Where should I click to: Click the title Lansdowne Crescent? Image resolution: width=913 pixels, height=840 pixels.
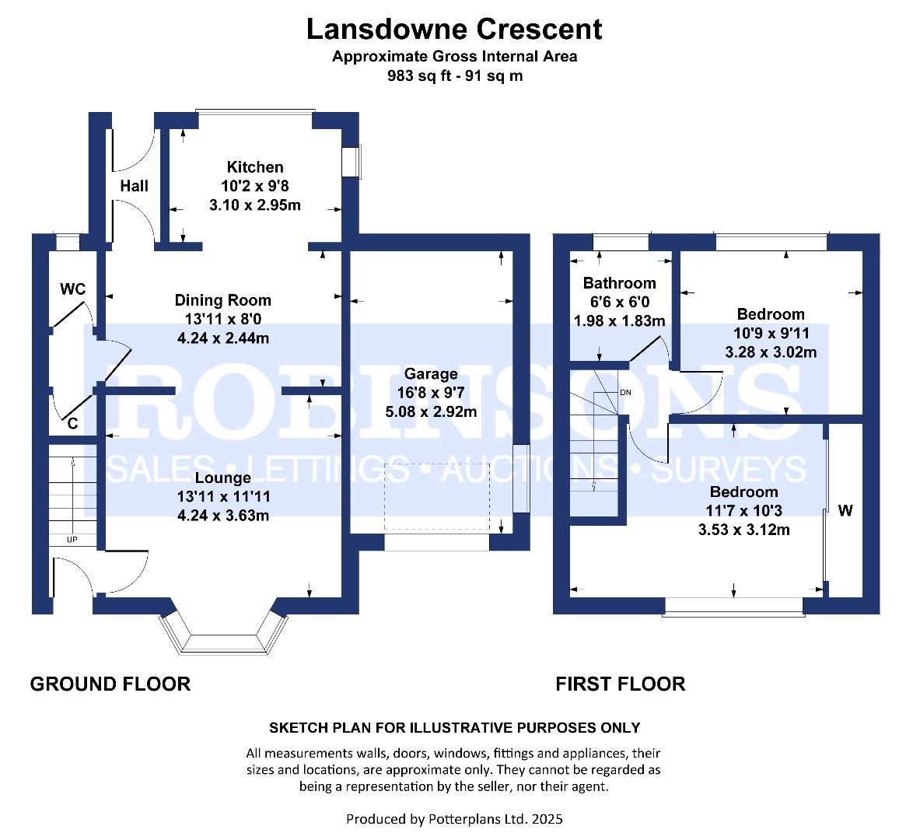[454, 29]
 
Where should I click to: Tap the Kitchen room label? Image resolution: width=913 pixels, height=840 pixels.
[254, 167]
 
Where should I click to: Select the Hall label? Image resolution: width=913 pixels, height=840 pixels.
[134, 186]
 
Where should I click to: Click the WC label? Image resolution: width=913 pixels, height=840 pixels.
[73, 289]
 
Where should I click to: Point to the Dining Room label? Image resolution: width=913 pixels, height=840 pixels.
[222, 300]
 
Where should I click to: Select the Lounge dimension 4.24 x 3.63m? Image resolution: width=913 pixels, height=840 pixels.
[222, 515]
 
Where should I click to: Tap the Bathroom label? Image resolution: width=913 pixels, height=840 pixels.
[619, 283]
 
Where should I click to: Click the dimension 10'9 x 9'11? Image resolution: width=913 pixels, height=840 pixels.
[771, 333]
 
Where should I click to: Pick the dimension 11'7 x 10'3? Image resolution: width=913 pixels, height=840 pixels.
[743, 511]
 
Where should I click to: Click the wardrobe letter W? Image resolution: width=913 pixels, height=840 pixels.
[845, 511]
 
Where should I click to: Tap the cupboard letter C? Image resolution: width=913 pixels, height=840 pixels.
[73, 424]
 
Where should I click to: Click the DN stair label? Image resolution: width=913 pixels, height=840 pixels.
[625, 392]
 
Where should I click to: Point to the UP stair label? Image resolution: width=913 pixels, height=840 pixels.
[72, 540]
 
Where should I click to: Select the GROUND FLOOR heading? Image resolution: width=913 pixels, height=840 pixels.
[110, 684]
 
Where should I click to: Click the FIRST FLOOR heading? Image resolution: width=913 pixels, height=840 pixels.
[620, 684]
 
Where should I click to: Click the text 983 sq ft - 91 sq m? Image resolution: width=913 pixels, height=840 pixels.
[454, 76]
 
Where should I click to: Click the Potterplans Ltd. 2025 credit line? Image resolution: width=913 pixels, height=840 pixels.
[454, 819]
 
